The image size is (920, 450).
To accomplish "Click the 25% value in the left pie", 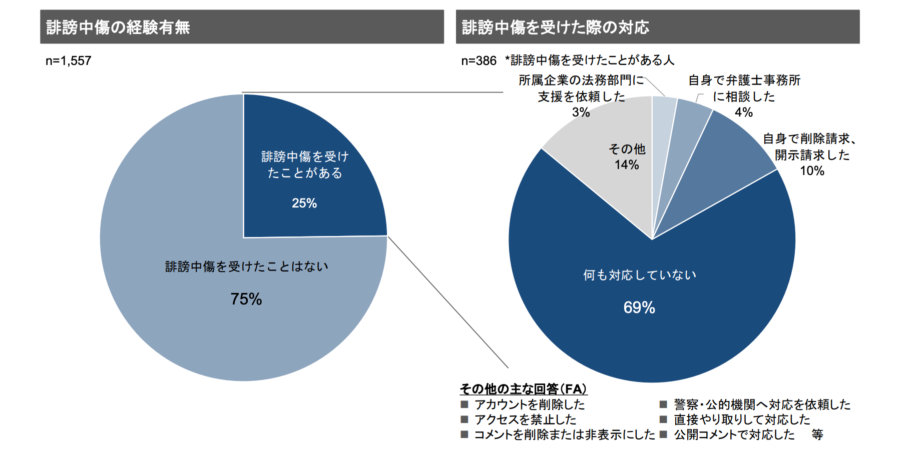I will [x=304, y=203].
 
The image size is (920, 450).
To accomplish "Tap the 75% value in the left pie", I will [x=246, y=299].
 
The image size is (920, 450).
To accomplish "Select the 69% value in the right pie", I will [x=639, y=307].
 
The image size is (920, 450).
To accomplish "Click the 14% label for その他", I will [x=626, y=165].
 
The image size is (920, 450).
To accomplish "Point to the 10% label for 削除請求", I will [x=811, y=171].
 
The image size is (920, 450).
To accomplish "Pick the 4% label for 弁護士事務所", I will [x=743, y=112].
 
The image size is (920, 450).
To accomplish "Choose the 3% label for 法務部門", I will [x=581, y=112].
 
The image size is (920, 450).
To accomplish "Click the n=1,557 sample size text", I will [x=69, y=61].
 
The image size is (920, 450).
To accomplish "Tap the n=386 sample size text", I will [x=479, y=61].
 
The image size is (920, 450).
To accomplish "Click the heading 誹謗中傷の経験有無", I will [x=118, y=27].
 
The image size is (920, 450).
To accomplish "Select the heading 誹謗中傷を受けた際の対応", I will [x=555, y=27].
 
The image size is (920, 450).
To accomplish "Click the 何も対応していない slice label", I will [x=639, y=275].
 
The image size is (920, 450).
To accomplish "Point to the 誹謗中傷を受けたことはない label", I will [x=246, y=266].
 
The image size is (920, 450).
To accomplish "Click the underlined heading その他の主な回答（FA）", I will [x=523, y=389].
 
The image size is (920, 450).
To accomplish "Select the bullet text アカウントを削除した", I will [x=529, y=404].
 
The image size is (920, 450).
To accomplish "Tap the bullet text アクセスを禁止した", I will [x=525, y=419].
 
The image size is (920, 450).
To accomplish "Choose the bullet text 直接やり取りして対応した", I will [x=741, y=419].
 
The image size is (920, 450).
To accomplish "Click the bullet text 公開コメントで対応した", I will [x=734, y=434].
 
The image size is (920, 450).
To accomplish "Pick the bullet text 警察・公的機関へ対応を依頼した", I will [x=761, y=404].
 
